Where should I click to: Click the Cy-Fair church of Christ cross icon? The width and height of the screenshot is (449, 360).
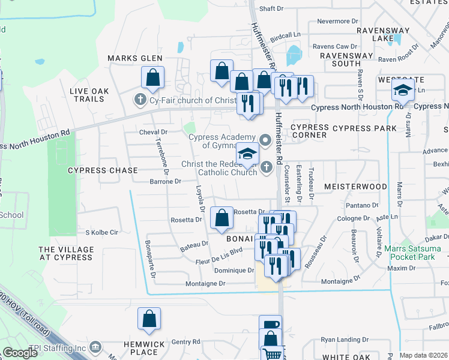(x=140, y=100)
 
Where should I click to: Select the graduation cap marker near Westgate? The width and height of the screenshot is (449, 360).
(x=403, y=91)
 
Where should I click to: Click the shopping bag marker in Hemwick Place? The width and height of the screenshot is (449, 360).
(x=149, y=320)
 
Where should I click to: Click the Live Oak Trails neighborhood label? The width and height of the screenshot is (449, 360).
(x=89, y=95)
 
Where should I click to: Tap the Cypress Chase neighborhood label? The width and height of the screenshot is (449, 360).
(x=103, y=170)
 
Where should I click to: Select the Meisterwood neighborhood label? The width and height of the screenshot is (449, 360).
(x=355, y=187)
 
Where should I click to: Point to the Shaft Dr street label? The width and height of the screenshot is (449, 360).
(x=271, y=8)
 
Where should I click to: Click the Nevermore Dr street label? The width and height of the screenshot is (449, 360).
(x=333, y=21)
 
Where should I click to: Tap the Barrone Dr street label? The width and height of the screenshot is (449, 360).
(x=165, y=181)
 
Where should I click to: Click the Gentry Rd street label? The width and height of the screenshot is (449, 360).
(x=185, y=341)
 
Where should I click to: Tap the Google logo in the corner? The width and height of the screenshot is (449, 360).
(x=20, y=353)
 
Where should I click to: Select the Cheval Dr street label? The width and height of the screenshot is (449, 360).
(x=152, y=132)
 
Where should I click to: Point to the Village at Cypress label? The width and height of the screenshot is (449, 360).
(x=66, y=254)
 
